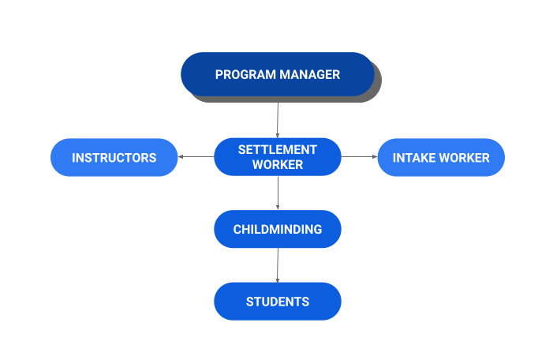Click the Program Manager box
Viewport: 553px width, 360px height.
(277, 74)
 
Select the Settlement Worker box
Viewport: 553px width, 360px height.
(277, 156)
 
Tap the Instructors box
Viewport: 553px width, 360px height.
(114, 157)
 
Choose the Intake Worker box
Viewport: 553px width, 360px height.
(441, 157)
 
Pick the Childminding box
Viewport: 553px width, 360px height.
(277, 229)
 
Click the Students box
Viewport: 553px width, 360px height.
(277, 302)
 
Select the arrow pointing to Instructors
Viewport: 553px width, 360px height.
(196, 156)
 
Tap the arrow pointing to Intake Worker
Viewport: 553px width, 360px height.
(359, 156)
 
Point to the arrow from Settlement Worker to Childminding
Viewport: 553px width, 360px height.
(278, 193)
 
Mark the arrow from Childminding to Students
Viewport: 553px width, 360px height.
(278, 265)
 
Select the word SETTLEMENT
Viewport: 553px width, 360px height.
(278, 149)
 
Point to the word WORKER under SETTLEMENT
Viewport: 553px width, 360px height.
(278, 165)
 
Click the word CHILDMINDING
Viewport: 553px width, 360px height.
(278, 230)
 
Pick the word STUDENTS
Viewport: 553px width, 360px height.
(278, 302)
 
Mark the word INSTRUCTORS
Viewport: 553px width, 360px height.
(114, 158)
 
